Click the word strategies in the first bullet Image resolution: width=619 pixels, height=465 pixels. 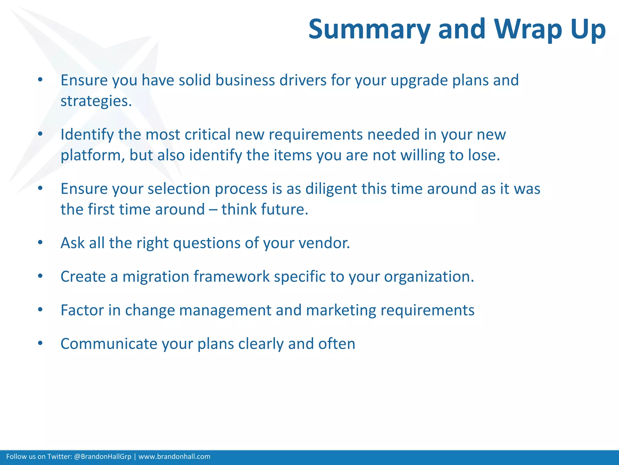pyautogui.click(x=96, y=101)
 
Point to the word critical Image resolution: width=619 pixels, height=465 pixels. pyautogui.click(x=208, y=134)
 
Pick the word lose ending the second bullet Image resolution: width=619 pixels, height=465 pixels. pyautogui.click(x=484, y=155)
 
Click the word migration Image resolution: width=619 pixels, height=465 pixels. pyautogui.click(x=156, y=276)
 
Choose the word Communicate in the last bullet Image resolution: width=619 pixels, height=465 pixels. pyautogui.click(x=109, y=344)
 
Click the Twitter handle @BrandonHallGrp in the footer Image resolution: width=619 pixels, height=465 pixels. pyautogui.click(x=102, y=457)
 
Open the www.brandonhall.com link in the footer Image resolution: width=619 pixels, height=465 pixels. pyautogui.click(x=174, y=457)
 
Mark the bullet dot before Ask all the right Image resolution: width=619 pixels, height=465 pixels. pyautogui.click(x=40, y=242)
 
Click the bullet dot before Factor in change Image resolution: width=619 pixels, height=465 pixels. pyautogui.click(x=40, y=310)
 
